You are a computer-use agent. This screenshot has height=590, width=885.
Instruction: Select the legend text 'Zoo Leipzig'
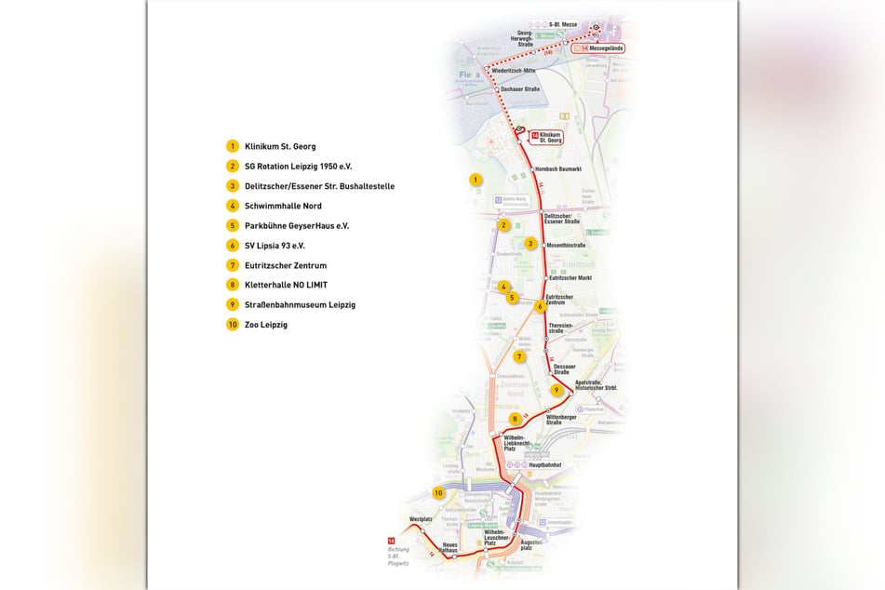(266, 325)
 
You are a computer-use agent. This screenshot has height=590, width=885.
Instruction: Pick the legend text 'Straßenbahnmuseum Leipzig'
(300, 304)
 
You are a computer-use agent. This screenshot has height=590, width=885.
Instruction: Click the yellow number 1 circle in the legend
(232, 146)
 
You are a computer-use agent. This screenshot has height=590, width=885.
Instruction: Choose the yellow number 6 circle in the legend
(232, 246)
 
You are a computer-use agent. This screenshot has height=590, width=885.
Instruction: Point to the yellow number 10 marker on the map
(437, 492)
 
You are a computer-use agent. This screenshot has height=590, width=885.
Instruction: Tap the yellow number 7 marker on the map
(519, 355)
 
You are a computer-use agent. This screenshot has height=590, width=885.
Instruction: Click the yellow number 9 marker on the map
(556, 390)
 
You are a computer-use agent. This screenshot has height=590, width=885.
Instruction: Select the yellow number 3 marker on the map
(530, 244)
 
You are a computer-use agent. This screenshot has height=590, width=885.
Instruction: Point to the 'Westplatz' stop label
(422, 518)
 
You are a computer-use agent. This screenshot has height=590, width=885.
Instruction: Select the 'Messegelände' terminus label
(604, 47)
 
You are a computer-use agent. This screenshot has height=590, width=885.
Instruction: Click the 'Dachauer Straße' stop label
(521, 89)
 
